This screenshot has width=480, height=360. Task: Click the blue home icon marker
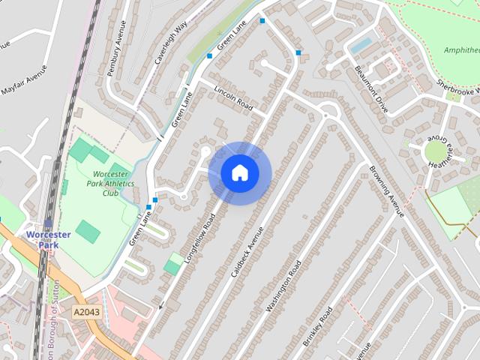point(240,172)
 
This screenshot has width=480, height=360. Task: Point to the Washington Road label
point(283,286)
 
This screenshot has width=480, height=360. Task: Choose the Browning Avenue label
point(386,190)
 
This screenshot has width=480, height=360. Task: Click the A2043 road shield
point(86,310)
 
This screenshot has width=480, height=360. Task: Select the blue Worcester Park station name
point(48,240)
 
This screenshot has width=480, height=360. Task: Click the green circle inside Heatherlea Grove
point(435,152)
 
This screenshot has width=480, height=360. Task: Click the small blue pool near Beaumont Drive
point(361,46)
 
